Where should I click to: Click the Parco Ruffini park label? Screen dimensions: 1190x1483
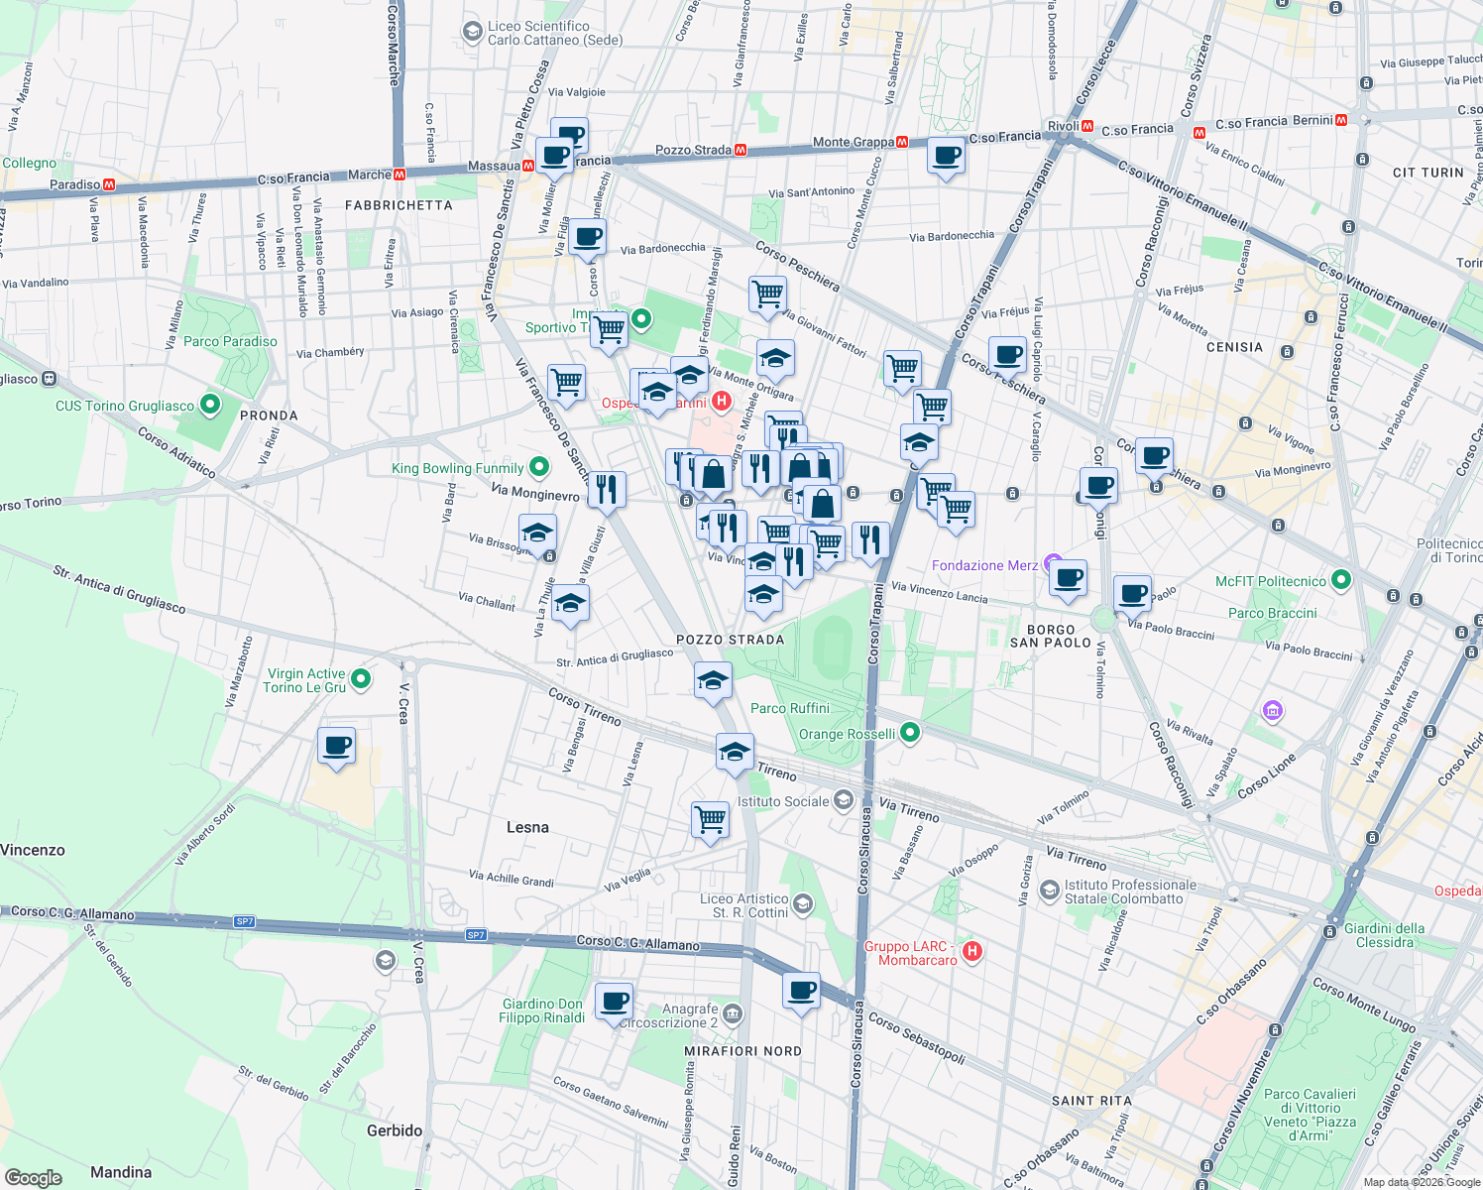pos(789,708)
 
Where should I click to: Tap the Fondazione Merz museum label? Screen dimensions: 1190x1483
pos(984,565)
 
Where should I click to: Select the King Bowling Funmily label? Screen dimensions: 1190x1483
pos(458,468)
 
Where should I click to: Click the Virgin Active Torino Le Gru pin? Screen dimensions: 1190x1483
pos(361,679)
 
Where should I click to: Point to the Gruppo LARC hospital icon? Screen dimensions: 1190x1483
pos(972,951)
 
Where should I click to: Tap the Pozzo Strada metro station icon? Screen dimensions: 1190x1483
pos(740,151)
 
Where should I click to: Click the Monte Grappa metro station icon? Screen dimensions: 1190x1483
pos(901,143)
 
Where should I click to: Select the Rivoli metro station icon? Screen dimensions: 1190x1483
pos(1087,127)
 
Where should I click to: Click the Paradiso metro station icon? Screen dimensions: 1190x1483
pos(109,184)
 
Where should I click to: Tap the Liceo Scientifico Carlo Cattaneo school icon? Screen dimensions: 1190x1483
pos(472,33)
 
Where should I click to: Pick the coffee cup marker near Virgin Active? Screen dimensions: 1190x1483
pos(337,745)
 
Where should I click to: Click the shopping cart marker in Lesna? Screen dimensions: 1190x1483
pos(710,819)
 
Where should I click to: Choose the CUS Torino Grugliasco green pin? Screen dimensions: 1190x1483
pos(209,405)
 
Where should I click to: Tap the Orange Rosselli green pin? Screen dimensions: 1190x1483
pos(909,733)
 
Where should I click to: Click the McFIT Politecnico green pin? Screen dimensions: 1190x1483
pos(1340,580)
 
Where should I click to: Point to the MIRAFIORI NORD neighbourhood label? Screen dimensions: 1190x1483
pos(742,1051)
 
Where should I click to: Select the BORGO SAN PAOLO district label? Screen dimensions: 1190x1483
pos(1051,636)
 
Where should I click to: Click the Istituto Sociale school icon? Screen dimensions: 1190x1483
pos(843,800)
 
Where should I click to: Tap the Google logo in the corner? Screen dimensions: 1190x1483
pos(33,1177)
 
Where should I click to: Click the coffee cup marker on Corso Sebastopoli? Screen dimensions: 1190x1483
pos(801,990)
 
